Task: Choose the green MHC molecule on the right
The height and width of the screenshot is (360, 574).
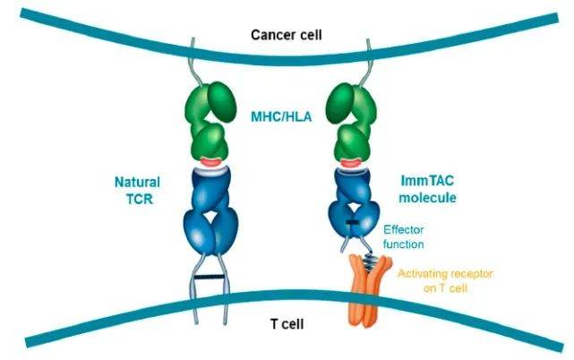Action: [350, 121]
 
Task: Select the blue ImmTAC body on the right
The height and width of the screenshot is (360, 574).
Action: [351, 193]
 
